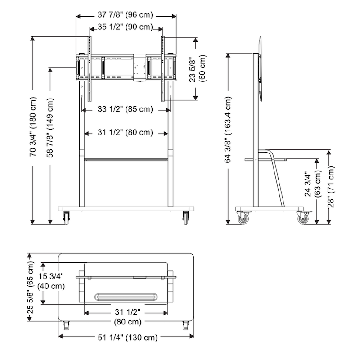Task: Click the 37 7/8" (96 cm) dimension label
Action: coord(125,15)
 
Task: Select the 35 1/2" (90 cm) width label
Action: coord(125,27)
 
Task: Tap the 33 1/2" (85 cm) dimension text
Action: coord(125,109)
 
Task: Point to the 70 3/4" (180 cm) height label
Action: coord(33,127)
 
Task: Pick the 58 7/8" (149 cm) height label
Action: coord(50,128)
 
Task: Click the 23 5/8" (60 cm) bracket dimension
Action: coord(198,68)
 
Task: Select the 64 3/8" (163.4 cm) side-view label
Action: coord(228,130)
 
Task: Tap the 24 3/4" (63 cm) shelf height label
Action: coord(312,184)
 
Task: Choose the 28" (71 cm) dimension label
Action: coord(331,187)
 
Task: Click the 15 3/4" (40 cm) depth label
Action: coord(51,281)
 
